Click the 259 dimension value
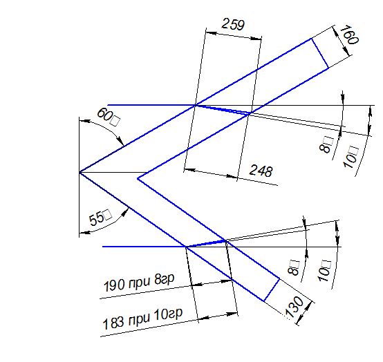(233, 24)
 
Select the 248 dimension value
(261, 171)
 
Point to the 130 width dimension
(295, 307)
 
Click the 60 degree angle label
(109, 117)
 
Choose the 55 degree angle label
(100, 217)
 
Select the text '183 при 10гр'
(142, 318)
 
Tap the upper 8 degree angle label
(326, 145)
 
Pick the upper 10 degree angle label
(351, 156)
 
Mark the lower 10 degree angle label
(324, 271)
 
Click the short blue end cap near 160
(319, 53)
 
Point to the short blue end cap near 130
(272, 289)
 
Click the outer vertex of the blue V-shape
(80, 173)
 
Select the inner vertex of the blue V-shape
(138, 178)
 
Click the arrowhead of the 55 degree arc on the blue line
(124, 213)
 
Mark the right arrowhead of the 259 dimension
(256, 38)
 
